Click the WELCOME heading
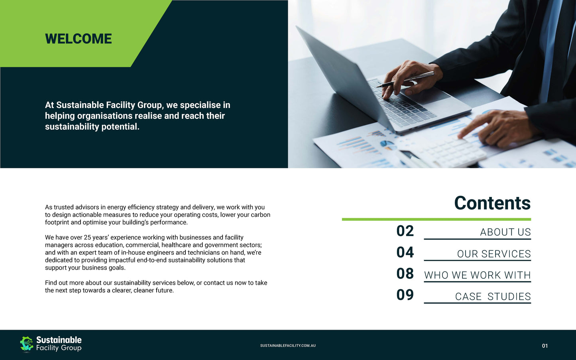[79, 39]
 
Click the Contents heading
[492, 203]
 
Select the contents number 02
[405, 231]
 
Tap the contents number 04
[405, 252]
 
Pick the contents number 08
[405, 273]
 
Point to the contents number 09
[405, 295]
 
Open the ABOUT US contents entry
[505, 232]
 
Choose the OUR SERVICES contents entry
[494, 254]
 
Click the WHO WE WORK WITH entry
[478, 275]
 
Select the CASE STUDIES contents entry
[493, 297]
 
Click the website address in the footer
[288, 346]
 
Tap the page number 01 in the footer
[545, 346]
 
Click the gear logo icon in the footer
[26, 344]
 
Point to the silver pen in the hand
[405, 79]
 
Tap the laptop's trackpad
[428, 95]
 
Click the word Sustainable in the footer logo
[59, 340]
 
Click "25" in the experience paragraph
[87, 237]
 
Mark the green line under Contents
[436, 219]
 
